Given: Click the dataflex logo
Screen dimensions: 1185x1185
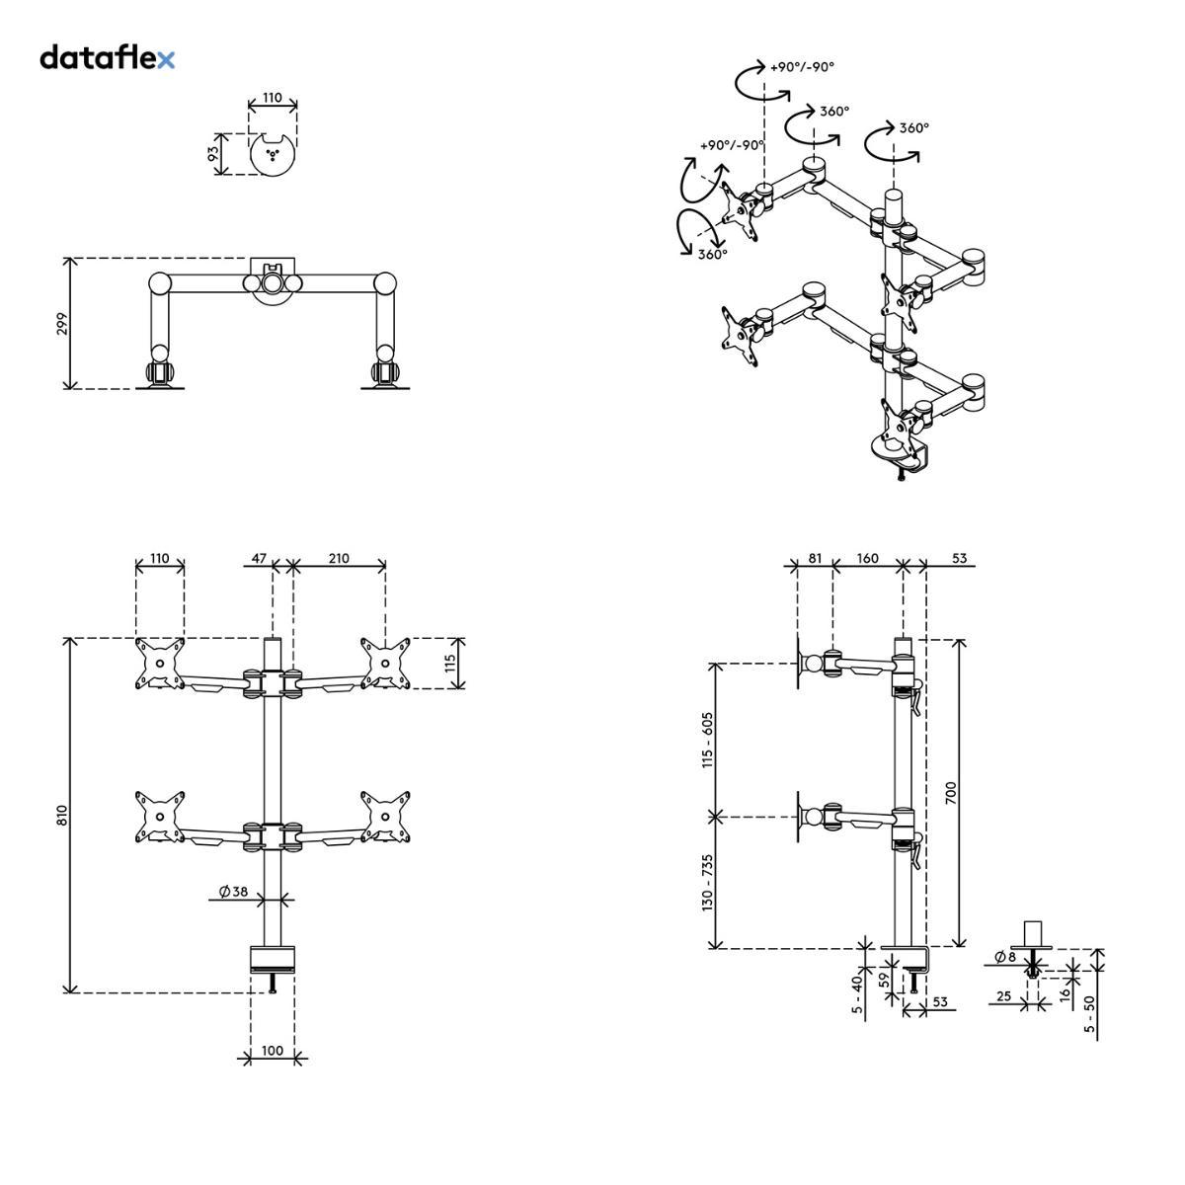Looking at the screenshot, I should tap(107, 58).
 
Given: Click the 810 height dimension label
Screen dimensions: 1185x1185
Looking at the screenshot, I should tap(61, 816).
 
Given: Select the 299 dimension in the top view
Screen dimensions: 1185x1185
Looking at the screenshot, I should tap(61, 324).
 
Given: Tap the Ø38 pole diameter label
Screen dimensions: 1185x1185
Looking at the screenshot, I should tap(233, 892).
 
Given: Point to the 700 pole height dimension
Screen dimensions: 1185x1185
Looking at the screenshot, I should tap(951, 792).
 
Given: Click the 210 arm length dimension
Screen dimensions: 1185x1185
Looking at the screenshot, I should tap(339, 559).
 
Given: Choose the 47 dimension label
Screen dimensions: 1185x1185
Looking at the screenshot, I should tap(259, 559).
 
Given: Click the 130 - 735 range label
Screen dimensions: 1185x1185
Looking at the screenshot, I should tap(708, 884).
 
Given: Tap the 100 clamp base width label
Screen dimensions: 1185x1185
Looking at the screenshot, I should tap(273, 1051).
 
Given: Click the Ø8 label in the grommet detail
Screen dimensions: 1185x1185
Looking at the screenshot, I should tap(1005, 957).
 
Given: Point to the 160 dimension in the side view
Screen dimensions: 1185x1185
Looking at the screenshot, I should tap(867, 559).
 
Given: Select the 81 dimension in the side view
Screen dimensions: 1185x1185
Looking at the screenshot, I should tap(815, 559).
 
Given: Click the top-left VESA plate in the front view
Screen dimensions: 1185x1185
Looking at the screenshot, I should tap(159, 664).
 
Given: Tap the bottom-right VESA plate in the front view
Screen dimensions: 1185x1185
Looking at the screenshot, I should tap(386, 816).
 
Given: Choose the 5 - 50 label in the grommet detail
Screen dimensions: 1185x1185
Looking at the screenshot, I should tap(1089, 1014).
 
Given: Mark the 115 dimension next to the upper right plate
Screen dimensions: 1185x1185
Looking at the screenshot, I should tap(450, 664).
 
